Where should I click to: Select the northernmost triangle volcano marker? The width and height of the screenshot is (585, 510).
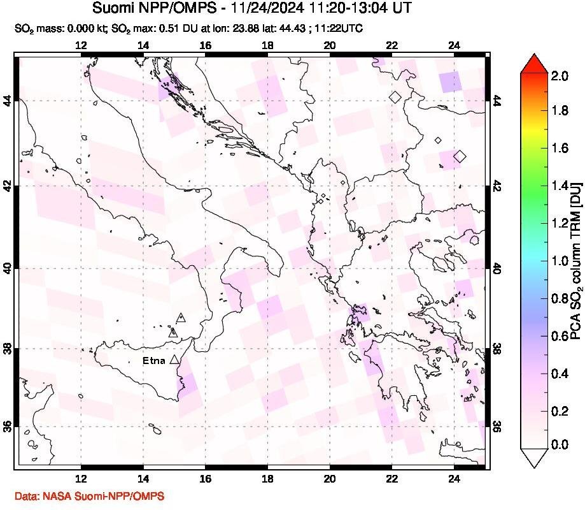pos(181,316)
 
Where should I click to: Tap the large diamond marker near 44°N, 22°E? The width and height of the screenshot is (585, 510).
pos(395,97)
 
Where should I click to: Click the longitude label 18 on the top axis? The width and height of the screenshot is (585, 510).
pos(267,45)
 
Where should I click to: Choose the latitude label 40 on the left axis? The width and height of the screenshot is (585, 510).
pos(9,268)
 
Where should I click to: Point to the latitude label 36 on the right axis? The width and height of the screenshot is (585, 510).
pos(497,426)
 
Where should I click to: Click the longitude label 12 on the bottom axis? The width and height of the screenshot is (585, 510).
pos(81,480)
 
